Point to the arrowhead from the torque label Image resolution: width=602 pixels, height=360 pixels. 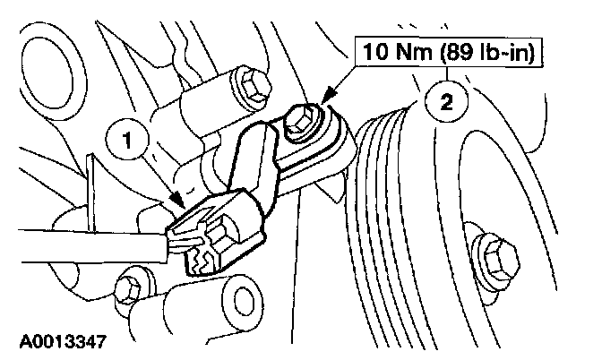324,96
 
